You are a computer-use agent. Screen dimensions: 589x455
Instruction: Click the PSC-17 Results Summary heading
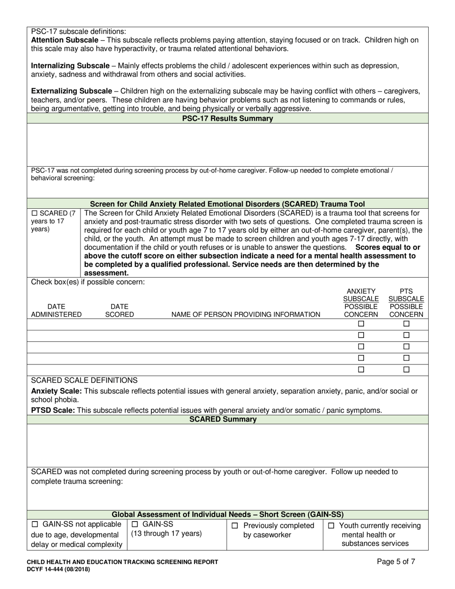(x=227, y=119)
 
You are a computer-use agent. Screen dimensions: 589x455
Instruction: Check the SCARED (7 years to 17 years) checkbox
(x=34, y=213)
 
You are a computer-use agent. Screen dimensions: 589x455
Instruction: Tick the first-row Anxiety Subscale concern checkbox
(x=361, y=324)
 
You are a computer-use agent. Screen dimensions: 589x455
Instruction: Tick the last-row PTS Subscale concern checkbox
(x=406, y=370)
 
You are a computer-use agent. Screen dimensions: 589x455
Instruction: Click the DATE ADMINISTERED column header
(x=56, y=310)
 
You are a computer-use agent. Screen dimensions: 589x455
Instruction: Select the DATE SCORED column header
(x=119, y=310)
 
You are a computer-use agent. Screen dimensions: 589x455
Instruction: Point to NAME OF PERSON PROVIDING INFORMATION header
(x=246, y=315)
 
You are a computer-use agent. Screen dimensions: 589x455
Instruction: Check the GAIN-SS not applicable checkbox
(x=35, y=525)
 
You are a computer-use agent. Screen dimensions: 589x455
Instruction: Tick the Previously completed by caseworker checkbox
(x=235, y=526)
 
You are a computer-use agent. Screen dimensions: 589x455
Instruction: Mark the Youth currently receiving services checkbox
(x=331, y=526)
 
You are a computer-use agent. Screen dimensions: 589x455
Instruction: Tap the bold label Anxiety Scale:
(x=53, y=391)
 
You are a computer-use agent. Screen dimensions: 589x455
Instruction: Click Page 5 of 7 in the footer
(x=396, y=562)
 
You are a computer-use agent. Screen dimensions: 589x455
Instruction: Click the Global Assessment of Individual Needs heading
(x=227, y=515)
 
